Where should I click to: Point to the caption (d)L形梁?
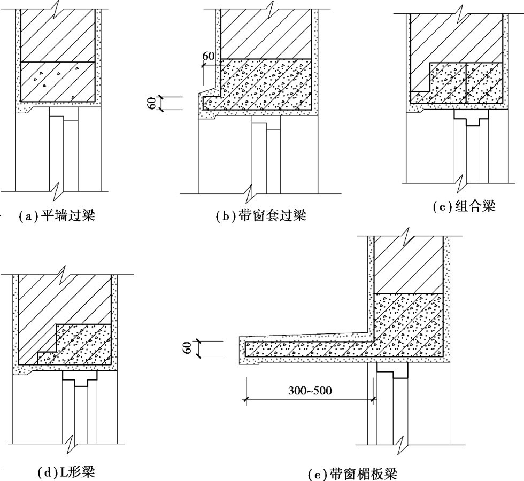(x=66, y=472)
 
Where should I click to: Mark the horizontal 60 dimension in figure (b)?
(x=209, y=56)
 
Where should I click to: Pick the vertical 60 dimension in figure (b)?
(x=152, y=103)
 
